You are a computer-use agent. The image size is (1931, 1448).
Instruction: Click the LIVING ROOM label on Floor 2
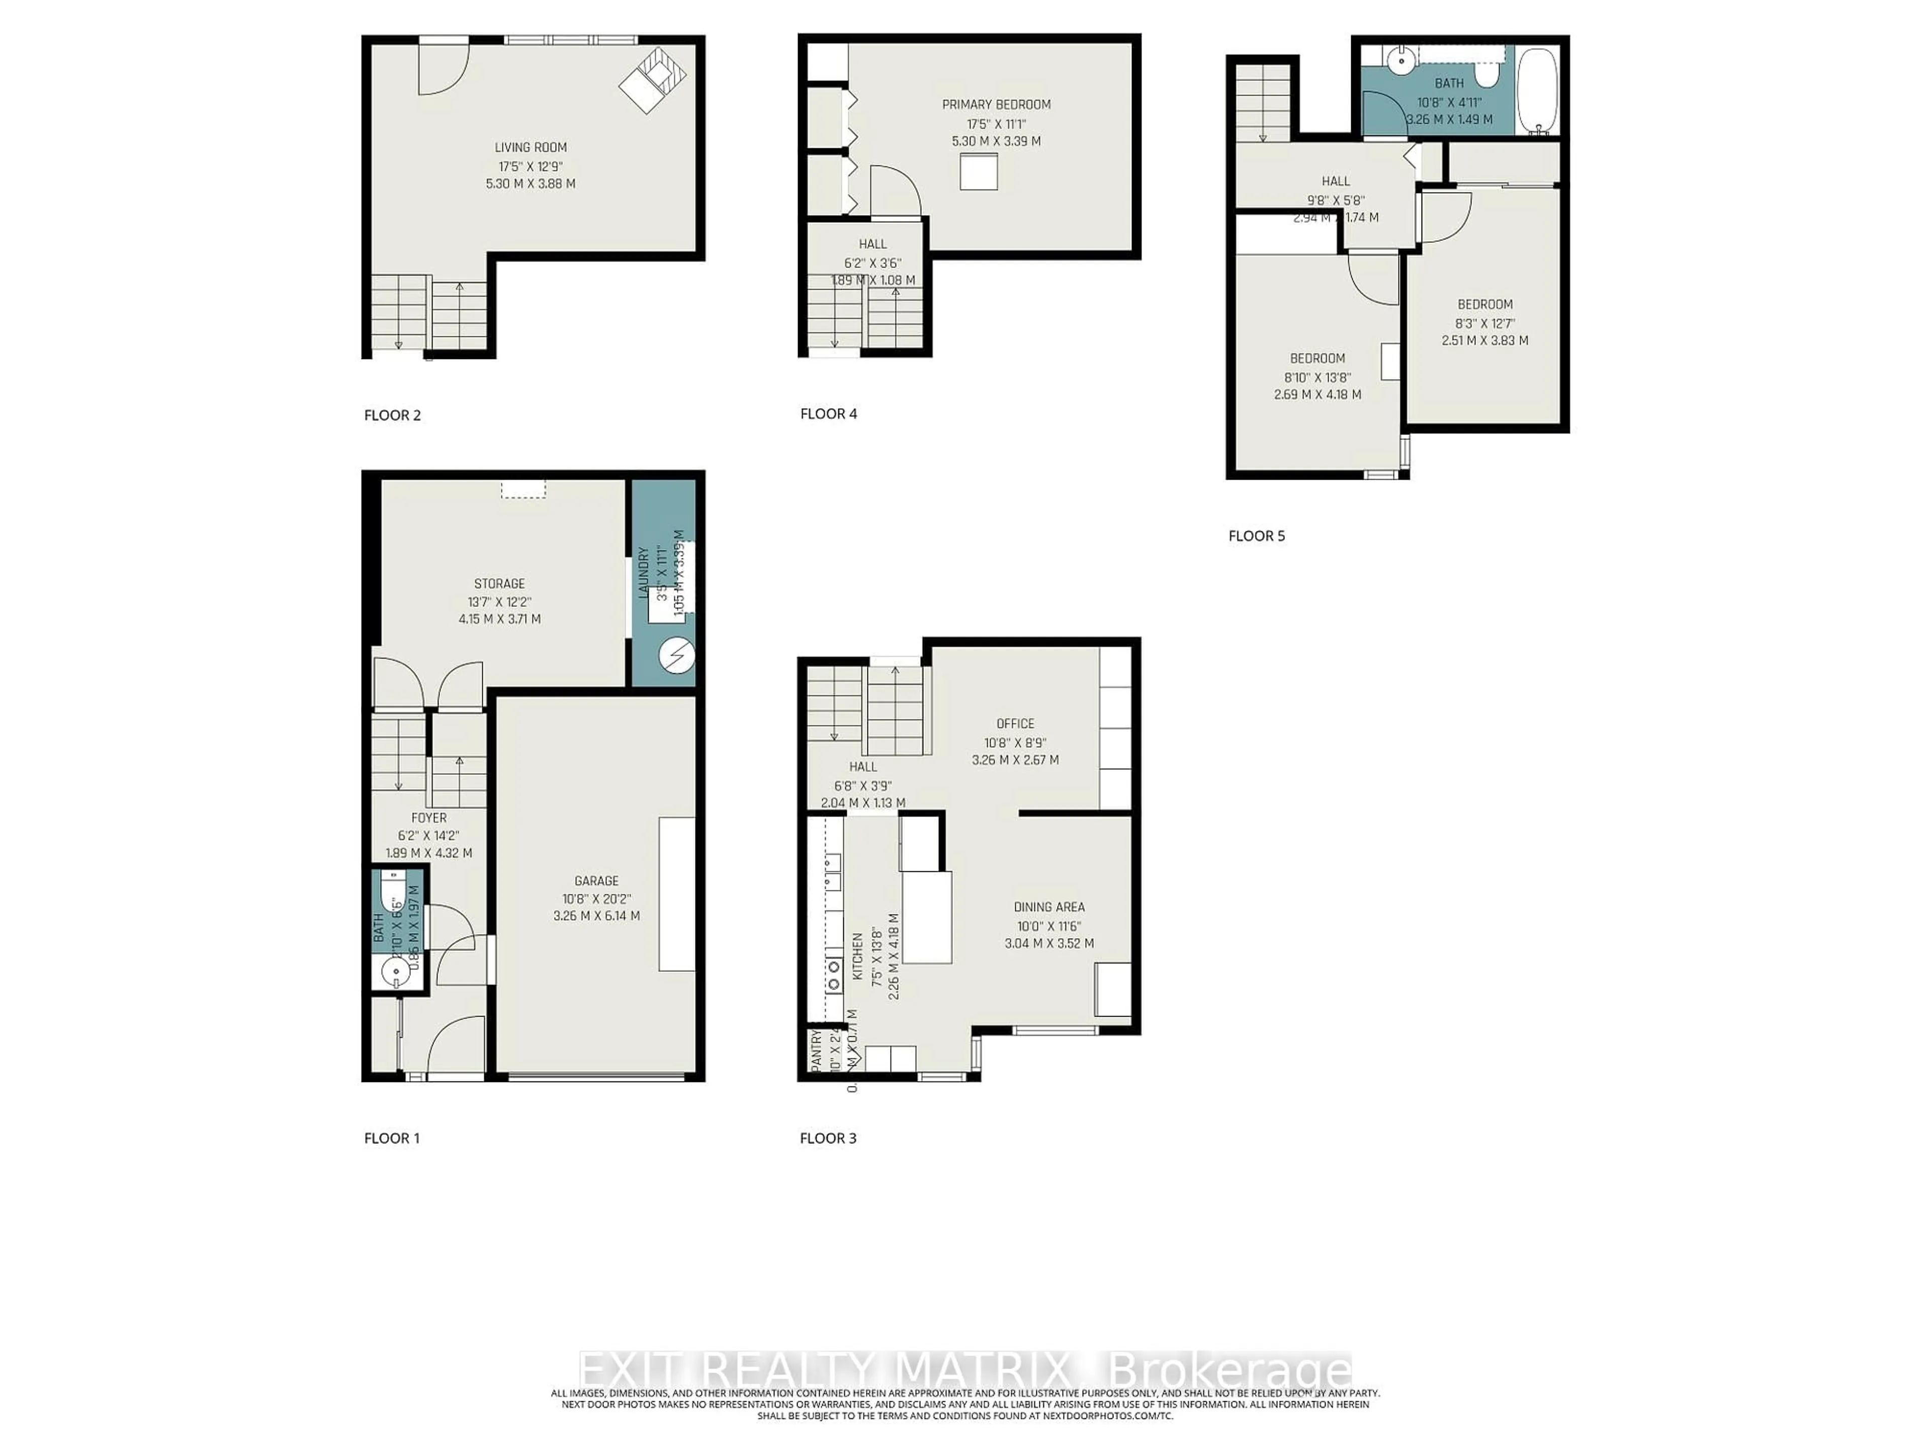pos(530,147)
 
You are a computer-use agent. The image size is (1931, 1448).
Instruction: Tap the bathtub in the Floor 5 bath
pos(1536,91)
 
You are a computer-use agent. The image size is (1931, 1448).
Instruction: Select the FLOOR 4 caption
pos(828,414)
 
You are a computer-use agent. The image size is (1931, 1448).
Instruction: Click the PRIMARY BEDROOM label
pos(996,105)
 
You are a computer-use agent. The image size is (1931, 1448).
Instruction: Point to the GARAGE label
pos(596,881)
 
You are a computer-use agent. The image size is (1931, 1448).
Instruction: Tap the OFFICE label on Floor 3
pos(1015,723)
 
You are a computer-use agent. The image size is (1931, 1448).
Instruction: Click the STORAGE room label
pos(499,583)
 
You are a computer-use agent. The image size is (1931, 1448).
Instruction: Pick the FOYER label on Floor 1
pos(428,818)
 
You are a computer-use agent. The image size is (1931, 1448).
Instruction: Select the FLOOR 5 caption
pos(1256,536)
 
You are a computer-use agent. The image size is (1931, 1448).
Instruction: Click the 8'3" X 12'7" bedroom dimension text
pos(1485,323)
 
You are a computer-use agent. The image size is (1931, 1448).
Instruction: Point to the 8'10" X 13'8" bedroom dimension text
pos(1318,377)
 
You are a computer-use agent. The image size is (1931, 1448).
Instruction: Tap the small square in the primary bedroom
pos(979,171)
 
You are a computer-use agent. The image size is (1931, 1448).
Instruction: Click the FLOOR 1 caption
pos(391,1138)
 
